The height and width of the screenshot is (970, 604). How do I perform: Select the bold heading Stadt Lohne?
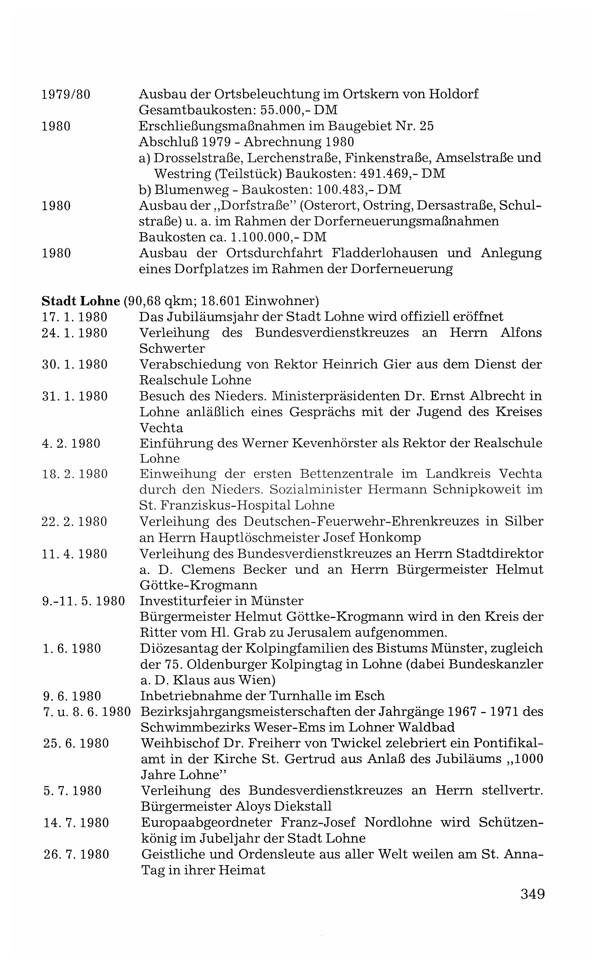[x=81, y=301]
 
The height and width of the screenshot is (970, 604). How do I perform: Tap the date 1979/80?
[x=66, y=94]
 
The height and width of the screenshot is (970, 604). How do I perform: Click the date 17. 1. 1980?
[x=75, y=317]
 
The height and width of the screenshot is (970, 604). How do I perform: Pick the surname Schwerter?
[x=172, y=348]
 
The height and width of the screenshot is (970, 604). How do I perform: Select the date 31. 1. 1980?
[x=75, y=396]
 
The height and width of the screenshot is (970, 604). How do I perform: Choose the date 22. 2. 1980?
[x=75, y=522]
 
